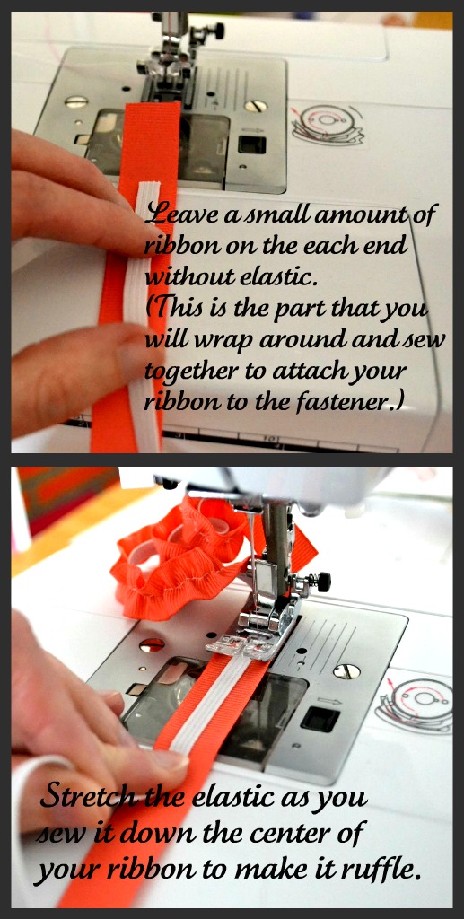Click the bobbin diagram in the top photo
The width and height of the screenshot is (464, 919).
pos(328,124)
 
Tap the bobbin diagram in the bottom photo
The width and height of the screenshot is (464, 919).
pos(416,705)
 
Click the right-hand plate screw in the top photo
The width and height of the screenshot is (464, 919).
pos(256,106)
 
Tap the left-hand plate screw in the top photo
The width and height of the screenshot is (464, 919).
pos(76,101)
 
